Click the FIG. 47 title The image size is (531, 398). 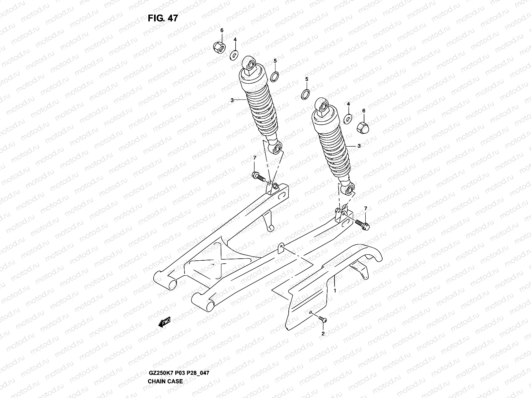(163, 18)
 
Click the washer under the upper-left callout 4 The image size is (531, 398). (234, 54)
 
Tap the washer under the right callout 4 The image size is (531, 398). (348, 118)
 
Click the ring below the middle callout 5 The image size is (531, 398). (306, 94)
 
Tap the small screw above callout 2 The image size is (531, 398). (322, 319)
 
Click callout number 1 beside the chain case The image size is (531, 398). (335, 290)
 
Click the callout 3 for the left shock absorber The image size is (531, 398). (232, 100)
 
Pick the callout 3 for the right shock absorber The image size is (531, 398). (359, 146)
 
